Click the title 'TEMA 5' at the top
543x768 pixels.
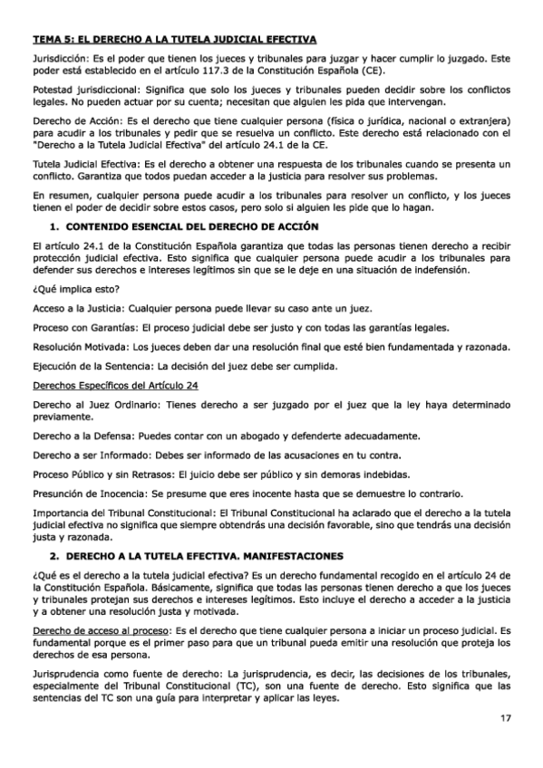pyautogui.click(x=56, y=39)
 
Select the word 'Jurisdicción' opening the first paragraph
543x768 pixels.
pyautogui.click(x=58, y=56)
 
